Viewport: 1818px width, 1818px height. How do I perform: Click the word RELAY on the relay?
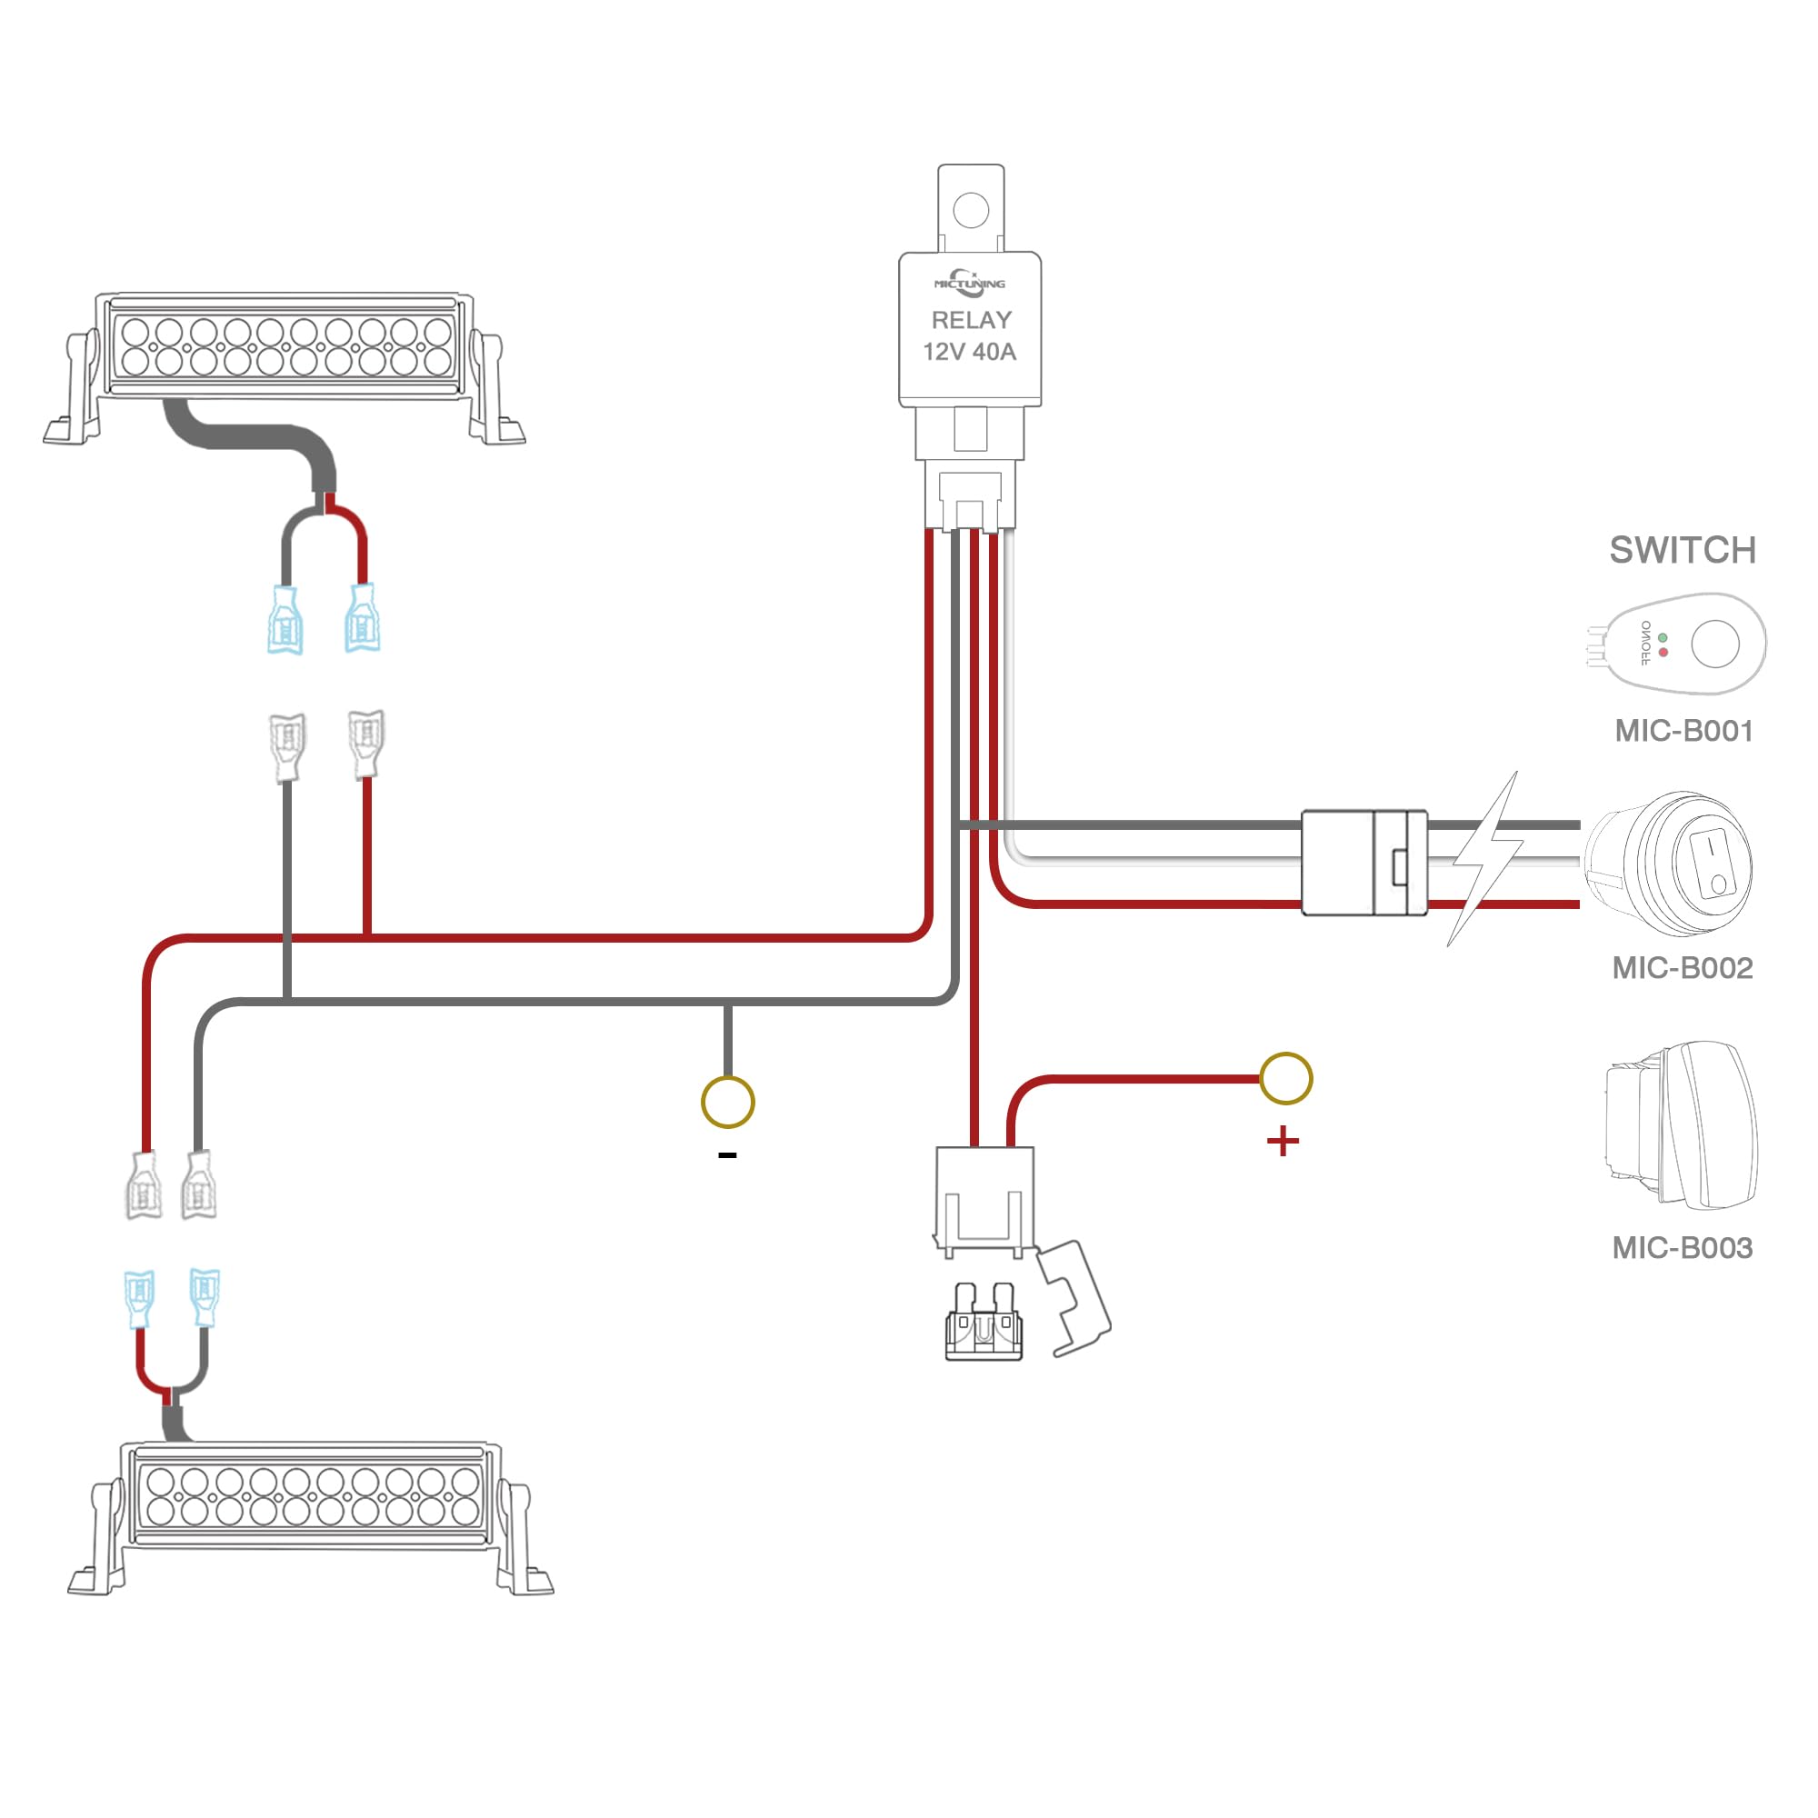[x=971, y=320]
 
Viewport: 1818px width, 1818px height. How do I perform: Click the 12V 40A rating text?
[x=969, y=352]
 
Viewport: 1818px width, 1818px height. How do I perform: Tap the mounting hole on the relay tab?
[x=971, y=210]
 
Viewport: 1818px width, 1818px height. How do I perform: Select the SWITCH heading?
[x=1683, y=551]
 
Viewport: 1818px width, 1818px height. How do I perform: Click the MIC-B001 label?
[x=1683, y=731]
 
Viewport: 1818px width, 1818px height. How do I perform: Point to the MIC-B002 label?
[x=1683, y=968]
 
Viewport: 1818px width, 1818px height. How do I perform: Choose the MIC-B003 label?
[x=1683, y=1248]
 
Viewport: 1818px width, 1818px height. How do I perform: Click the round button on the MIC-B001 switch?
[x=1714, y=644]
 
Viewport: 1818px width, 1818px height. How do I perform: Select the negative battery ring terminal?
[x=727, y=1102]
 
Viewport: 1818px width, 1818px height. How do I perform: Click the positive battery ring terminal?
[x=1285, y=1078]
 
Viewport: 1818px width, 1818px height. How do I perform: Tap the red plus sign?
[x=1283, y=1143]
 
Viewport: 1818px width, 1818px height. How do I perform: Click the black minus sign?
[x=727, y=1155]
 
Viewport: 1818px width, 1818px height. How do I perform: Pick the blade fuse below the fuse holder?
[x=984, y=1325]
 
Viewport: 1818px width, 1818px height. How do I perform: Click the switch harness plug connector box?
[x=1363, y=862]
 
